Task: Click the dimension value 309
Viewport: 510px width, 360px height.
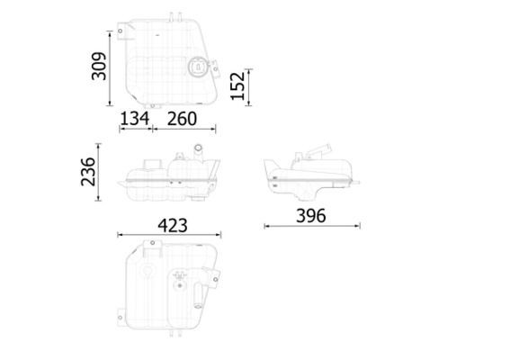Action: click(99, 67)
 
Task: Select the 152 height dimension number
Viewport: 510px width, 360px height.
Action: click(236, 86)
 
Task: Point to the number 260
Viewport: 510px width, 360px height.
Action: click(183, 118)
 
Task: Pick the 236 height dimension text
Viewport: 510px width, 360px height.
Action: click(89, 171)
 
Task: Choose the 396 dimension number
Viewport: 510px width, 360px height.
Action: click(309, 215)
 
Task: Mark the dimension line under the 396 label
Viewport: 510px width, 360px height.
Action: click(310, 226)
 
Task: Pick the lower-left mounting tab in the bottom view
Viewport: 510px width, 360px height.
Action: click(119, 316)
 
